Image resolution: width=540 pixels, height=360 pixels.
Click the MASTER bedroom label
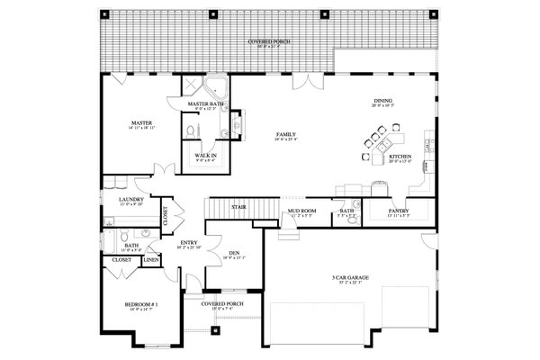pos(140,122)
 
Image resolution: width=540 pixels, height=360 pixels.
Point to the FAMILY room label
pos(287,134)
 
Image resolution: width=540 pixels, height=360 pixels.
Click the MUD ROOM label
pos(300,212)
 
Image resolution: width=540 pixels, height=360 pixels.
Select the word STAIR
pos(238,206)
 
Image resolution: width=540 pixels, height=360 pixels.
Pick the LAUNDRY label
pos(130,199)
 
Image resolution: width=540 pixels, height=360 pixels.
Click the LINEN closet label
pos(150,260)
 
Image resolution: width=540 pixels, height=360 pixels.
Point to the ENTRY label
pos(189,242)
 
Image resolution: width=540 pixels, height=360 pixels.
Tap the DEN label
pos(233,253)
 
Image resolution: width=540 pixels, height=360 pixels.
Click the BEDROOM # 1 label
pos(140,304)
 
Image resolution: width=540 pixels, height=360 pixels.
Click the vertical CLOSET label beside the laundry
pos(165,216)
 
